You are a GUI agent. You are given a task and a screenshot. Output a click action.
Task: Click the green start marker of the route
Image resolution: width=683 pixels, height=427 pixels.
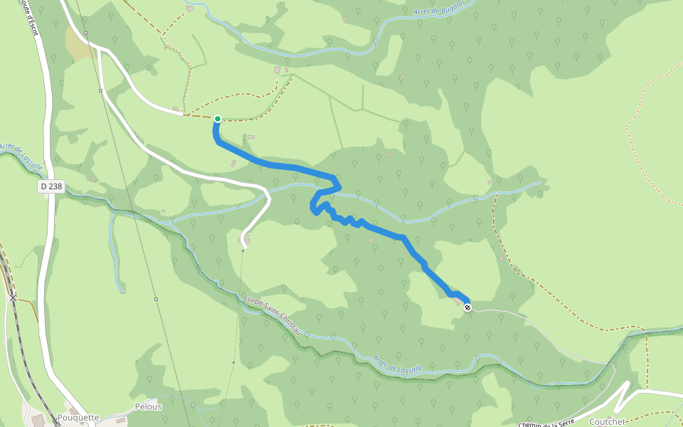tap(217, 119)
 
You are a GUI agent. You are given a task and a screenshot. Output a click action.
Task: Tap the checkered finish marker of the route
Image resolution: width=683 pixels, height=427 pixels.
tap(467, 307)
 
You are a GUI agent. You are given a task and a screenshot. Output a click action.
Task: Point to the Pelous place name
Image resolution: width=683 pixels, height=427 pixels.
tap(148, 407)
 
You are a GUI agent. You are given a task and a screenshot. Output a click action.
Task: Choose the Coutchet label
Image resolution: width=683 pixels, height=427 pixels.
tap(607, 421)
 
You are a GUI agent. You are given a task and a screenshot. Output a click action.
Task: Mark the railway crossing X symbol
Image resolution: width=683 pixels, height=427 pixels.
tap(14, 297)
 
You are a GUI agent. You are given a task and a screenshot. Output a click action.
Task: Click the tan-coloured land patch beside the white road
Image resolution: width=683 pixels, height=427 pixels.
tap(77, 44)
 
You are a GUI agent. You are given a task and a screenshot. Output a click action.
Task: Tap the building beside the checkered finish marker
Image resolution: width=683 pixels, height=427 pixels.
tap(457, 302)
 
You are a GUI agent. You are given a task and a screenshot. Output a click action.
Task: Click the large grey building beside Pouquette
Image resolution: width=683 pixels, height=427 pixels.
tap(37, 421)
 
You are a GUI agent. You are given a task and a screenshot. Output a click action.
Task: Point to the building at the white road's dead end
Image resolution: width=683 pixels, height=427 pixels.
tap(243, 241)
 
